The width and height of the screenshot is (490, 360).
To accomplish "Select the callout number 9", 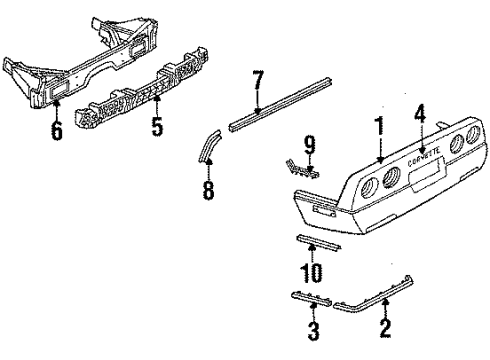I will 310,147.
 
